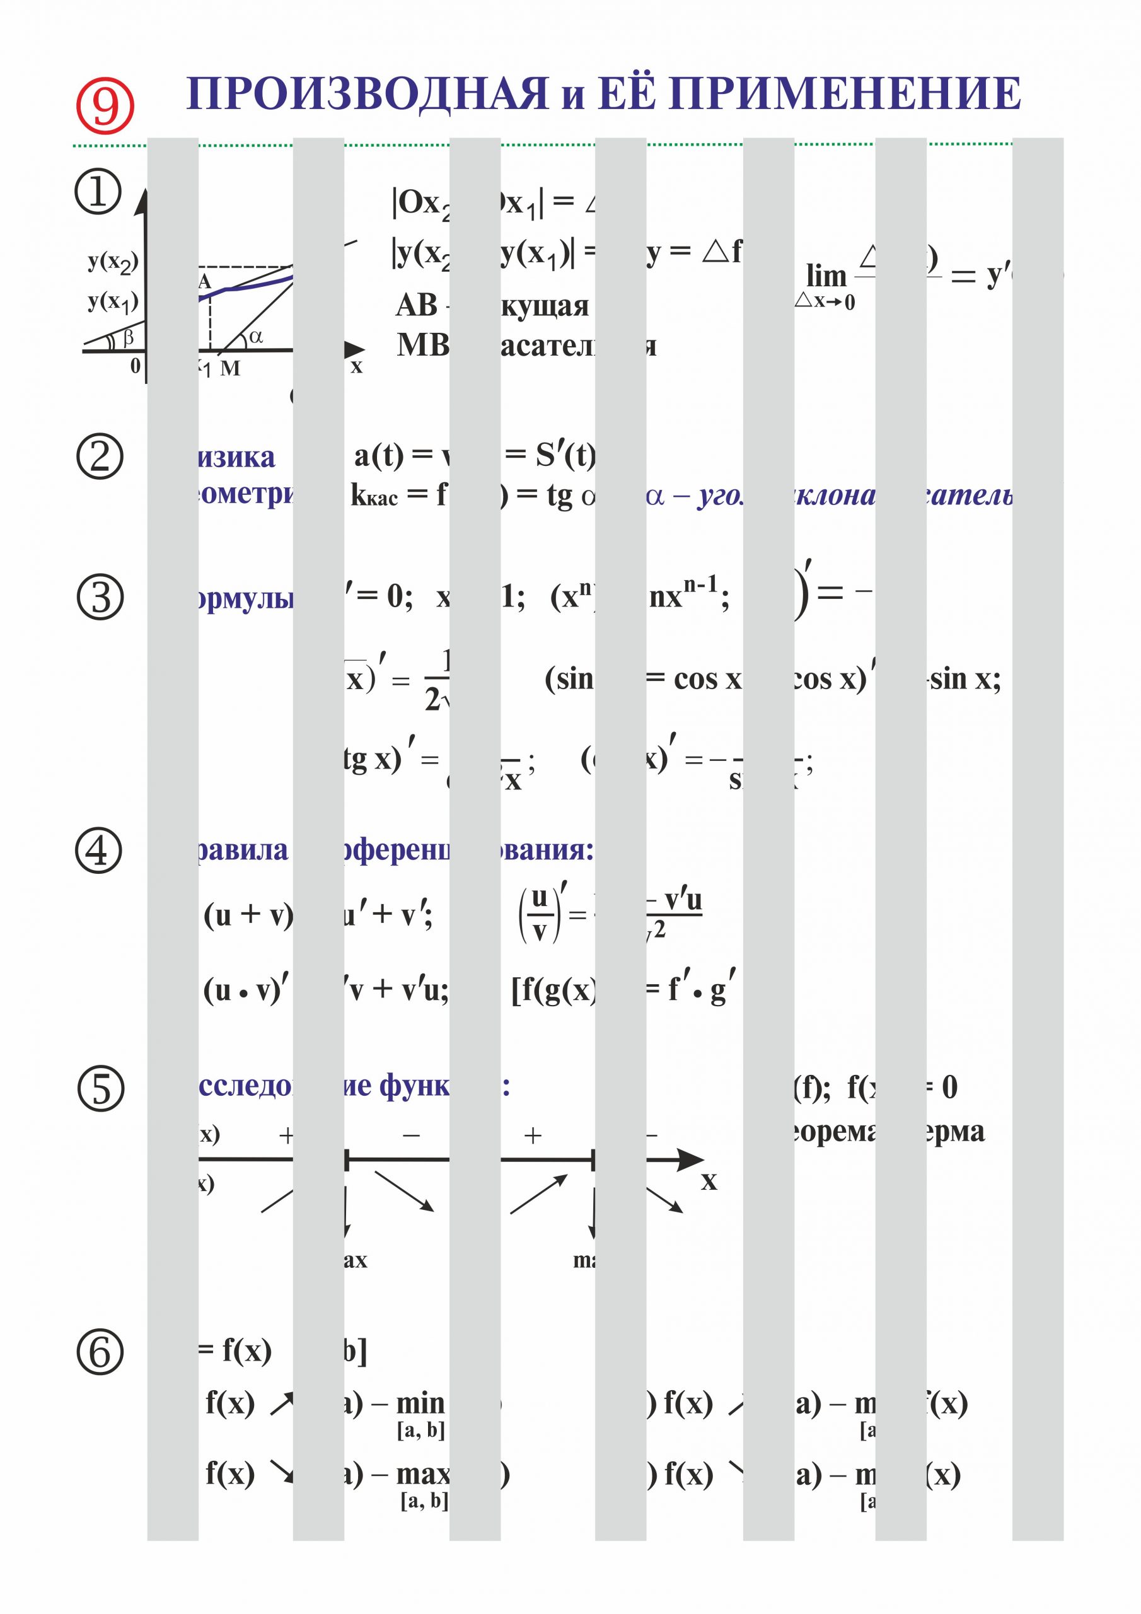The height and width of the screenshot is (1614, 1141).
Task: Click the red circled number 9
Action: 105,105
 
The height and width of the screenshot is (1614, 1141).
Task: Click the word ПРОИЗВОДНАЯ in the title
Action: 366,94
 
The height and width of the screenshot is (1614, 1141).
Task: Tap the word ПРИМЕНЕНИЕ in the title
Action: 843,94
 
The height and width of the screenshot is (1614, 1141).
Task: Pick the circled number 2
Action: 99,456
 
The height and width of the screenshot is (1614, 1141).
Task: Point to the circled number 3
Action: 100,598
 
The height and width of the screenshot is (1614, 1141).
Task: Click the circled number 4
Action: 98,851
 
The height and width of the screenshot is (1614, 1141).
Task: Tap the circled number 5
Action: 100,1089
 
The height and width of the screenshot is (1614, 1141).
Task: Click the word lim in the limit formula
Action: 826,276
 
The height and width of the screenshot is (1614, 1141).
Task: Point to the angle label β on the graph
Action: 129,339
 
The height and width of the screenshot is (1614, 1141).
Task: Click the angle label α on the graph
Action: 256,337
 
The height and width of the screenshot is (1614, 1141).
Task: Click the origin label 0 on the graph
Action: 135,366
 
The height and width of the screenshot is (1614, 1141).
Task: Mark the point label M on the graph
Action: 230,368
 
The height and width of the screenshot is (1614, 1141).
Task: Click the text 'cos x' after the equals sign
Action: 707,679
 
